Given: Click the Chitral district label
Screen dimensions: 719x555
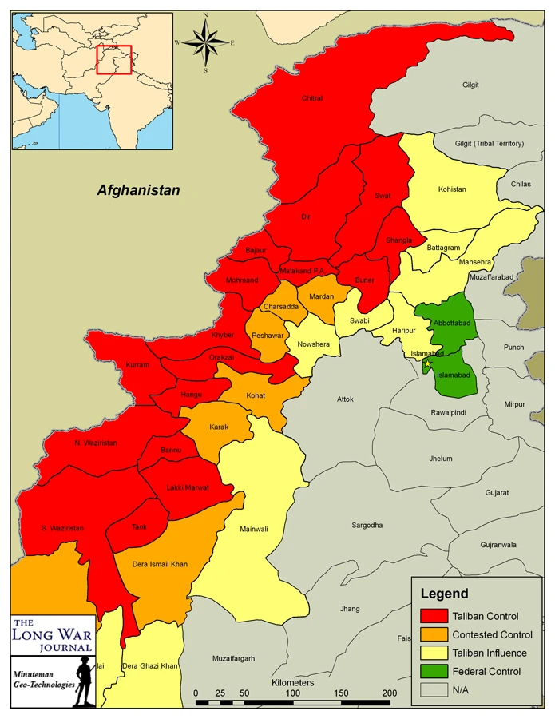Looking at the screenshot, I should click(x=312, y=98).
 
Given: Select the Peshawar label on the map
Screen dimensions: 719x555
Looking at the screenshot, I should click(x=268, y=336).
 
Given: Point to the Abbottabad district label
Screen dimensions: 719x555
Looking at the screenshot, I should click(x=451, y=323).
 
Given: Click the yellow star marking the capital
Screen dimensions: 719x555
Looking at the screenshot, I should click(x=427, y=364).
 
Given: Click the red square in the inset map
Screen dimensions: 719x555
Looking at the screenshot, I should click(x=113, y=59).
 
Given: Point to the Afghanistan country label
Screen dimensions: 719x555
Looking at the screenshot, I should click(x=139, y=190).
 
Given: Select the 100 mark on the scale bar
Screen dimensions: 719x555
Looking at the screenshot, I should click(x=293, y=693).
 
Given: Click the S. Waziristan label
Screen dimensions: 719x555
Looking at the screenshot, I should click(x=62, y=528).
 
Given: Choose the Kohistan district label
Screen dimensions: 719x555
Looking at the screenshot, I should click(x=452, y=189).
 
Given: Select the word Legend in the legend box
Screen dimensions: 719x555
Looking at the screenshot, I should click(x=445, y=594).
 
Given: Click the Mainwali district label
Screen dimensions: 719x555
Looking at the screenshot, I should click(x=254, y=528).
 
